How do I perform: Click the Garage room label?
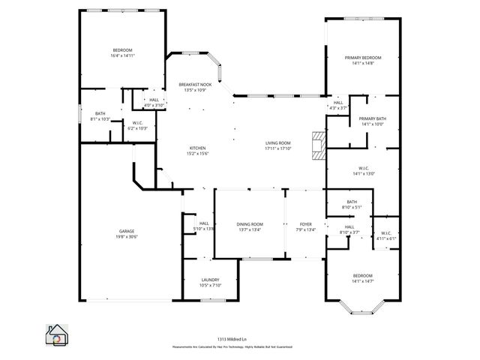(x=126, y=234)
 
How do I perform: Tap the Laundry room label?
(x=210, y=283)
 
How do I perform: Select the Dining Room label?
(x=250, y=227)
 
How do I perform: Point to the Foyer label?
(x=305, y=227)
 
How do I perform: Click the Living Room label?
(x=277, y=145)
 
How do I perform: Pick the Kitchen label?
(x=197, y=151)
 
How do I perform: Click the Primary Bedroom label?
(x=363, y=61)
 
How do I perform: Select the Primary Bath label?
(x=372, y=121)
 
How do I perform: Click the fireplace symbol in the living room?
(x=319, y=146)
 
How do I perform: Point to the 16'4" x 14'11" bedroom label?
(x=122, y=52)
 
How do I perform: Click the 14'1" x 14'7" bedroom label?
(x=363, y=279)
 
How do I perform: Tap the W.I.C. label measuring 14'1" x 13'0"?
(x=363, y=171)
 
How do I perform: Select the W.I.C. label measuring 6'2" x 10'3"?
(x=137, y=125)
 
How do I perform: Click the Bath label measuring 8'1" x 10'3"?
(x=100, y=116)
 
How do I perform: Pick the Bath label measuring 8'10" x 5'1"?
(x=351, y=204)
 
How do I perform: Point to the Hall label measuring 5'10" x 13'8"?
(x=203, y=226)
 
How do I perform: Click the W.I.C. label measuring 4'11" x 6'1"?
(x=386, y=235)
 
